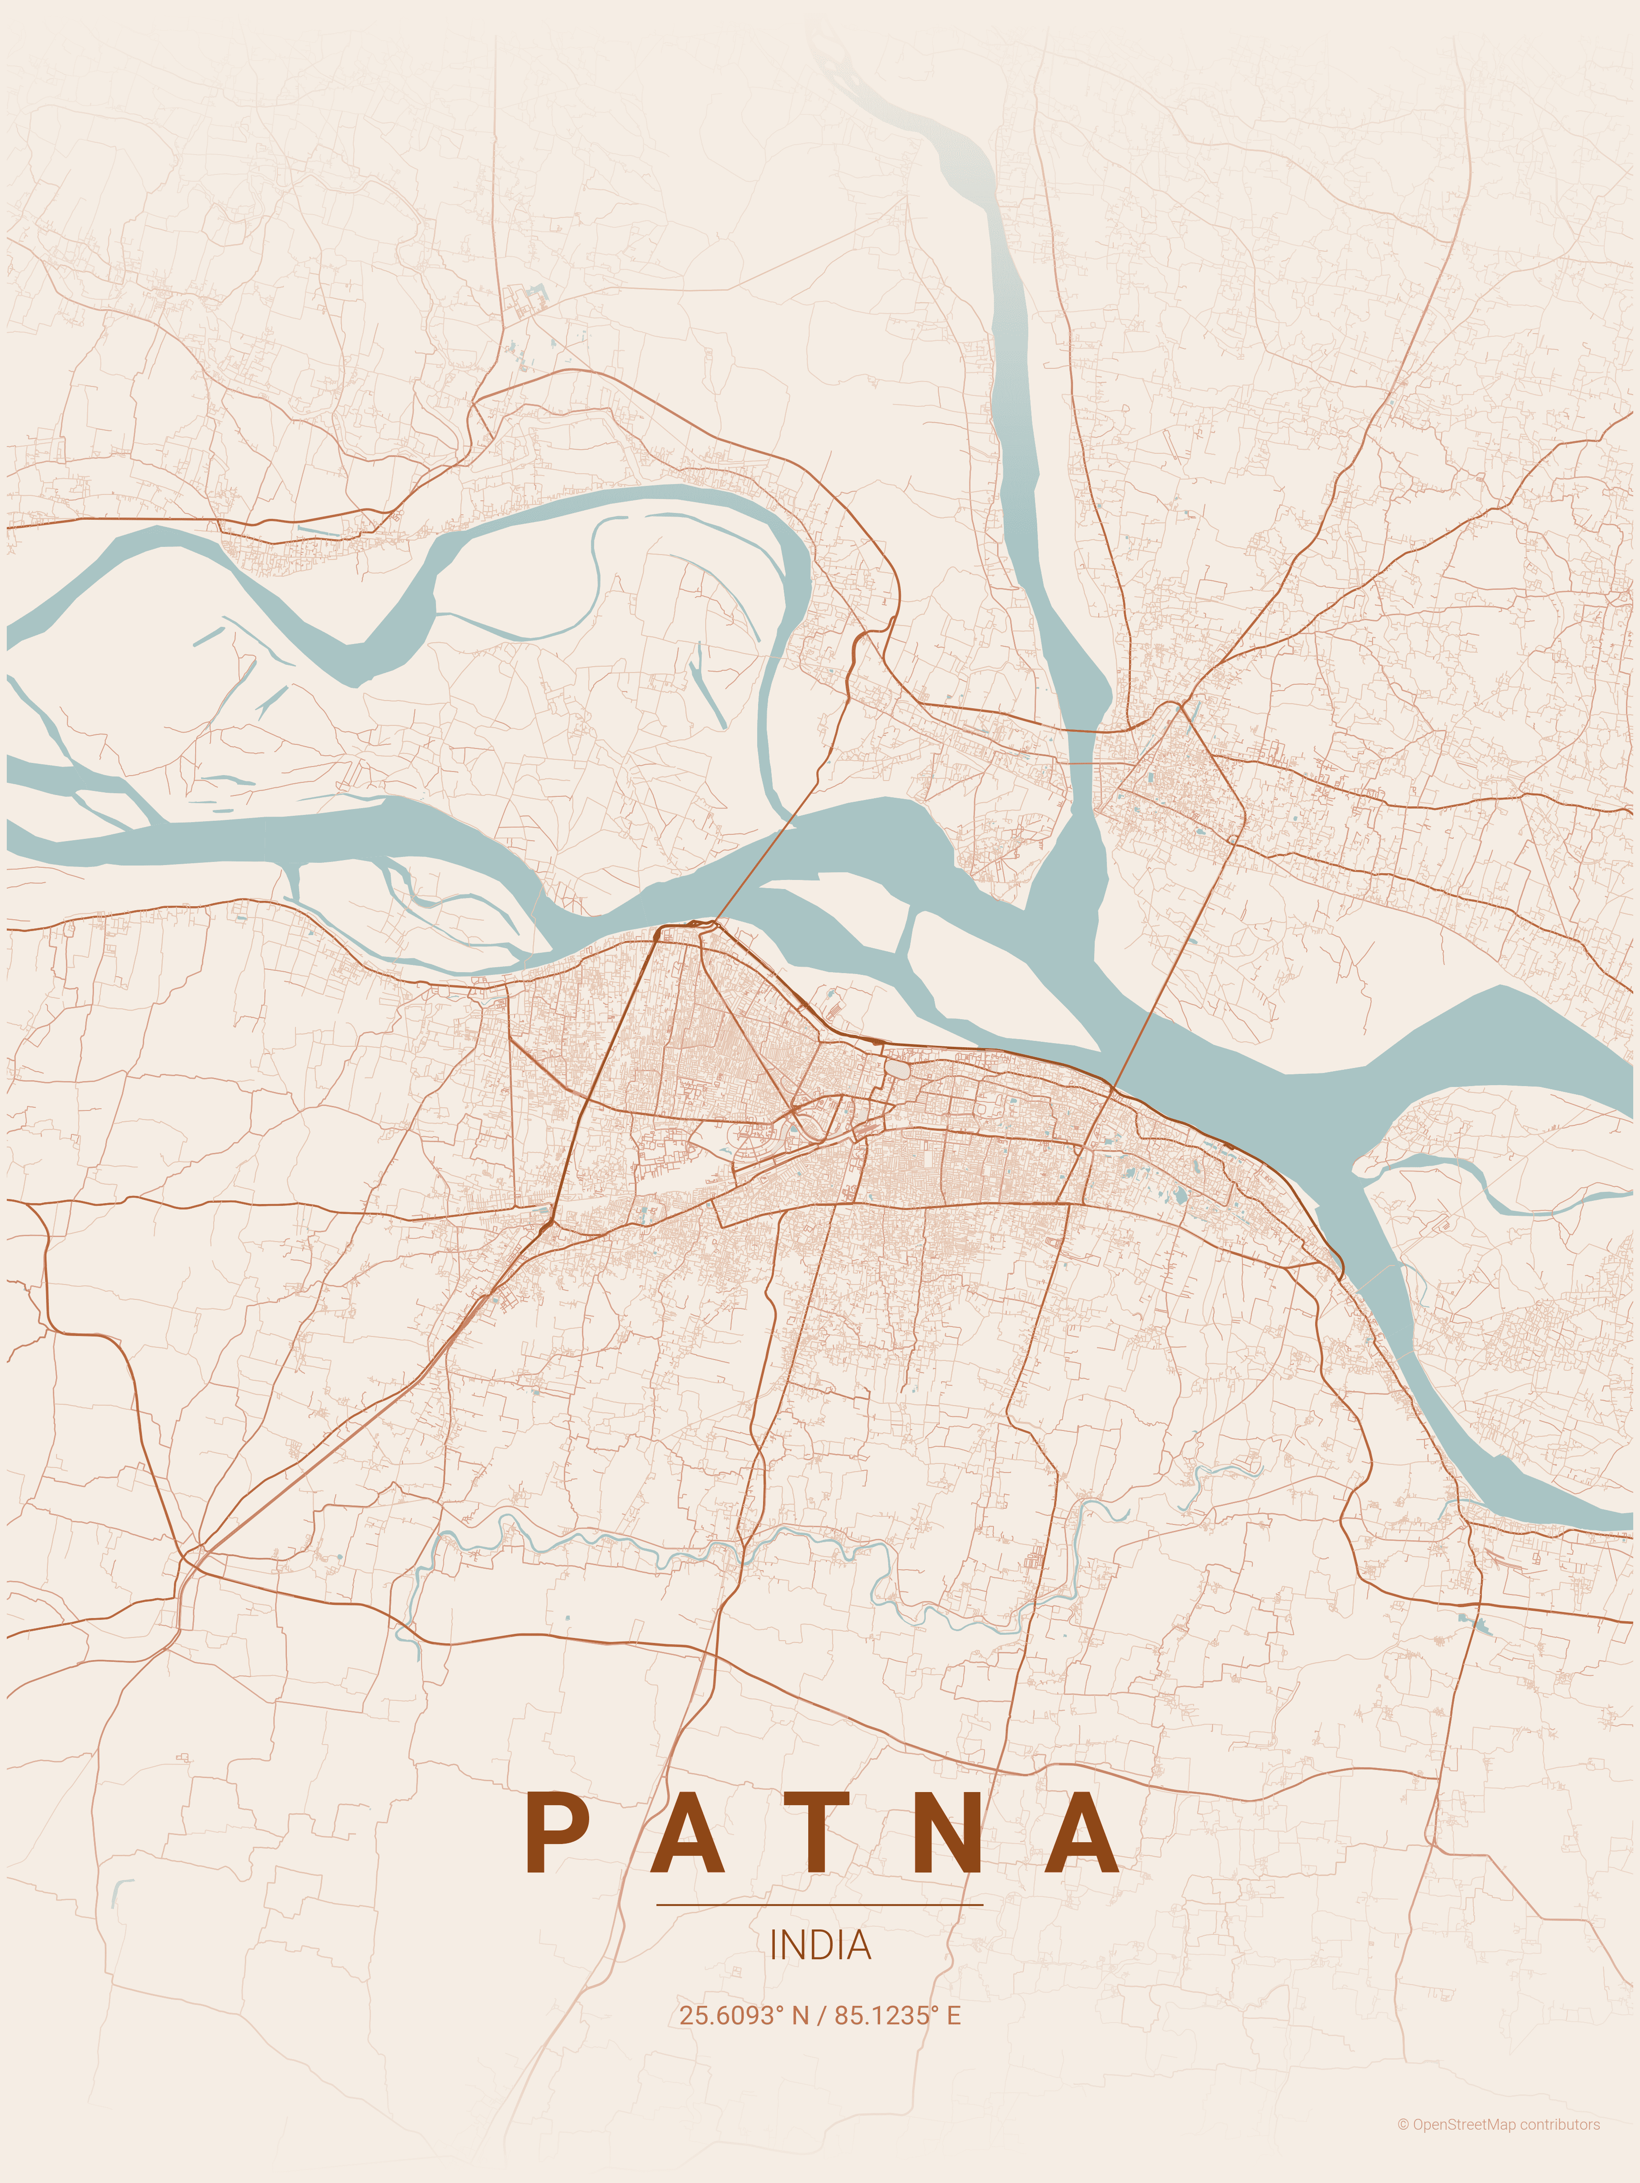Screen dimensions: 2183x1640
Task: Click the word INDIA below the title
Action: (820, 1945)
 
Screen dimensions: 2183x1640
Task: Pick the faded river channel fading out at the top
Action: (947, 148)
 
